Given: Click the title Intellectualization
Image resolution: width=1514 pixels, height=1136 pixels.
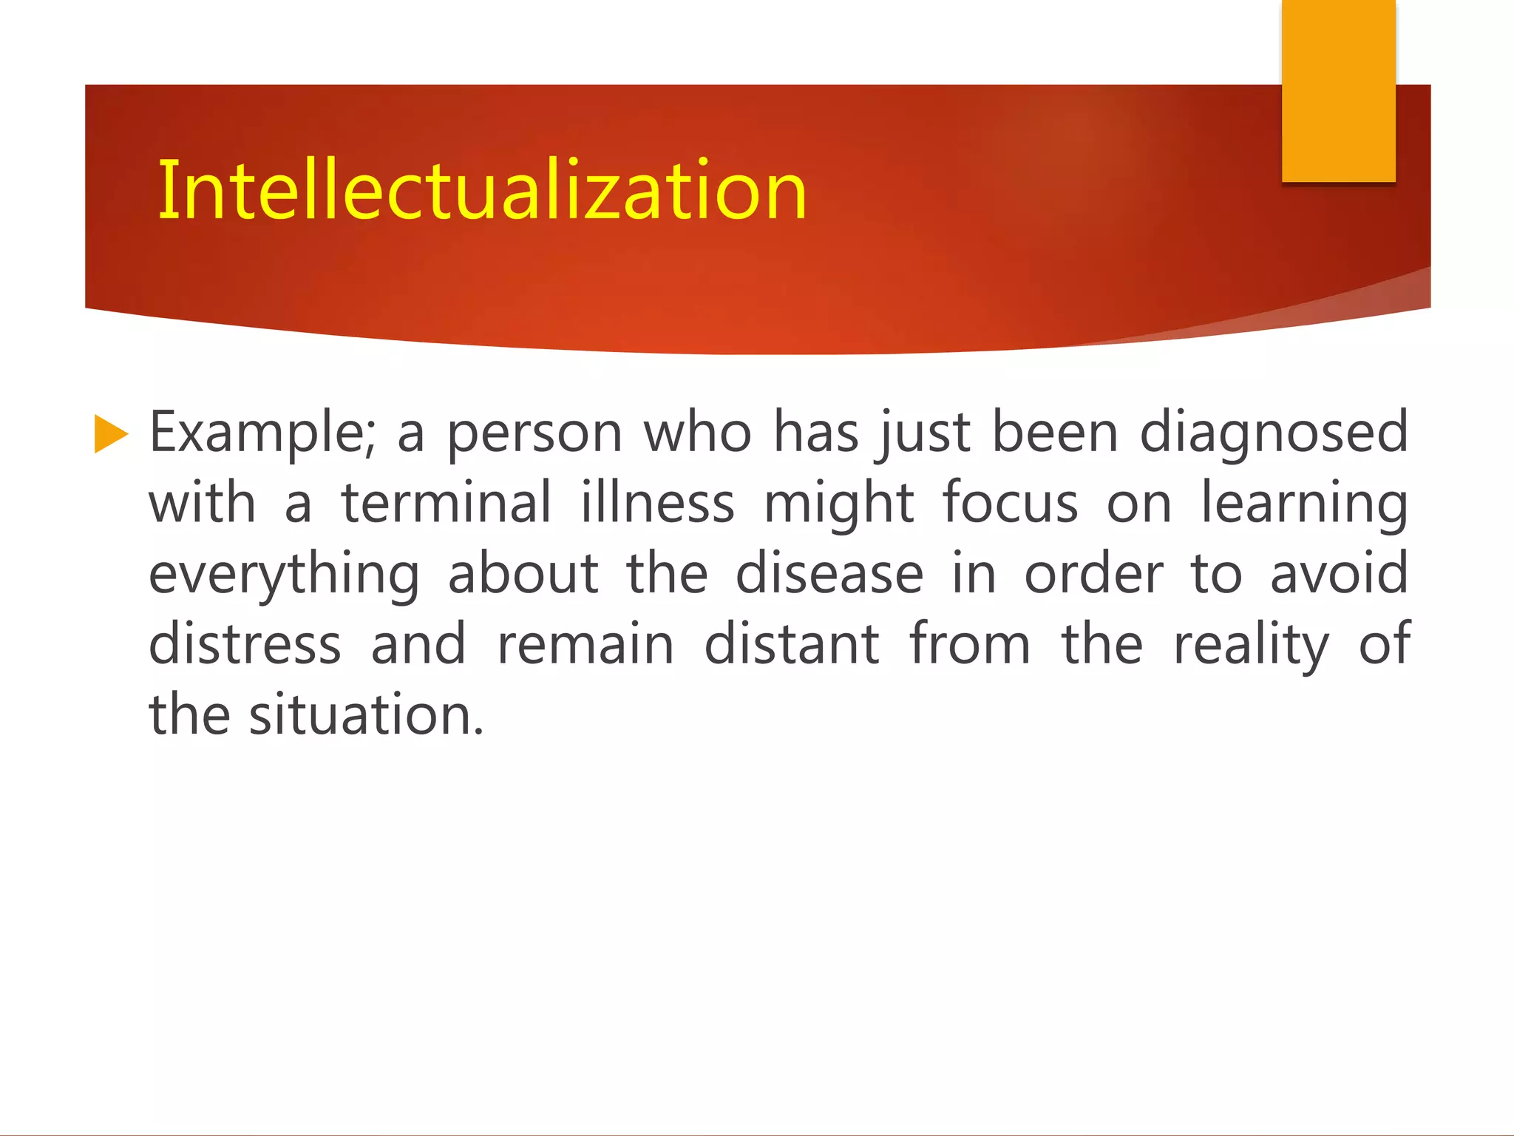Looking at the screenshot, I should point(482,191).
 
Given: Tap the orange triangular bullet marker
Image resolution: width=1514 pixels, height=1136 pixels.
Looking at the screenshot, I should point(111,434).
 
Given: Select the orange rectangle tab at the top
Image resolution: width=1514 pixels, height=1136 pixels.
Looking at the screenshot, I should point(1338,90).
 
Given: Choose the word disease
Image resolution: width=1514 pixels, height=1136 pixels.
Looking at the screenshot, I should point(829,574).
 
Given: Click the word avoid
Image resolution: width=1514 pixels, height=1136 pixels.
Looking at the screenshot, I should point(1339,574).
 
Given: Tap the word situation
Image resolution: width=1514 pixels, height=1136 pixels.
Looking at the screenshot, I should point(366,715).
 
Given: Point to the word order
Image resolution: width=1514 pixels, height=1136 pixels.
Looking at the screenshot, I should point(1093,574).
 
